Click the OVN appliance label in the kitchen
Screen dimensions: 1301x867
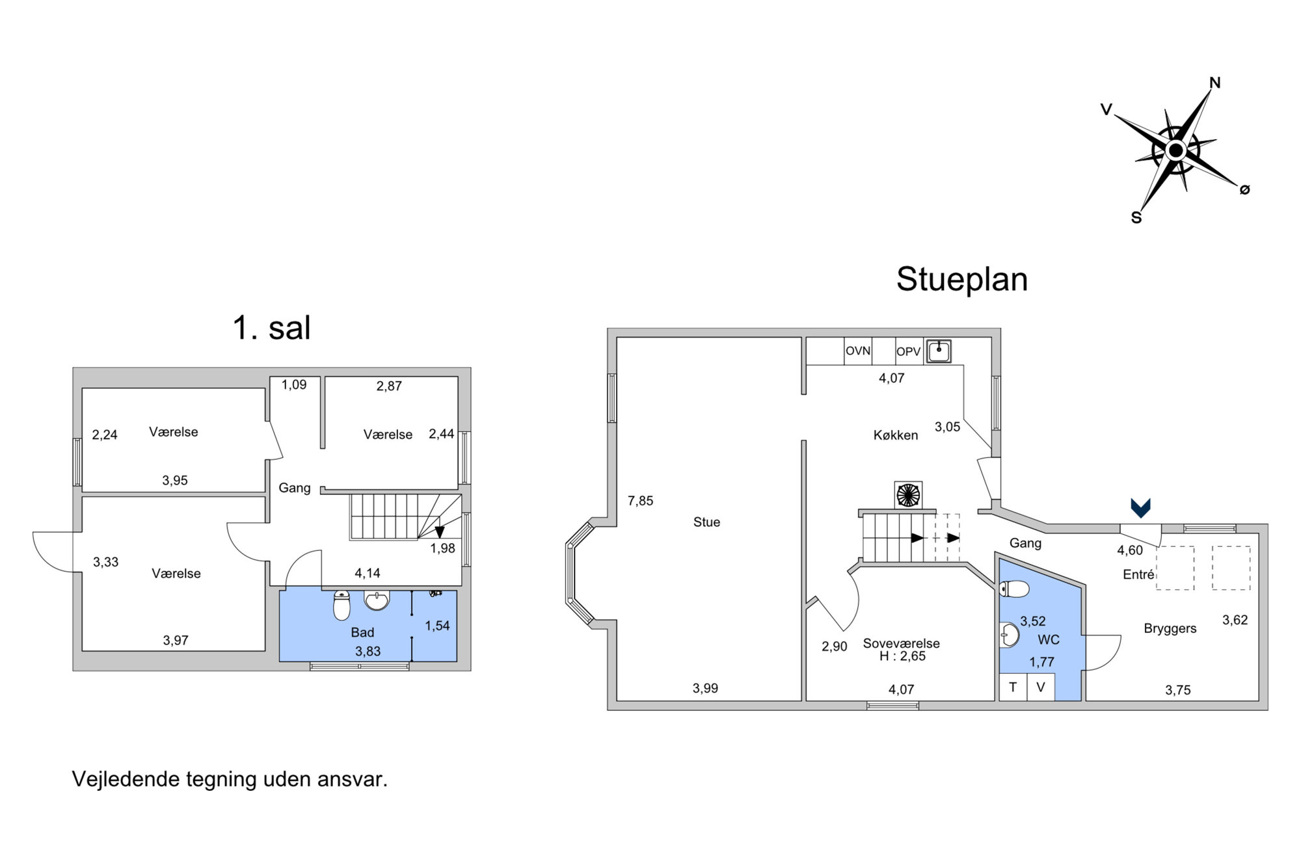click(857, 351)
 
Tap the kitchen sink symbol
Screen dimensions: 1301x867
click(939, 351)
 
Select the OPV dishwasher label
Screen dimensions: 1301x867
click(908, 352)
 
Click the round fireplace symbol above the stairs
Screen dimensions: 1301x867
click(908, 495)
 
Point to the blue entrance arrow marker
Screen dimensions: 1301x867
click(1140, 507)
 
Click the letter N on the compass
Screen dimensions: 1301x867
click(1214, 83)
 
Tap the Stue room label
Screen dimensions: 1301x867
click(706, 522)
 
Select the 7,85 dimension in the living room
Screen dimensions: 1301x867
click(640, 501)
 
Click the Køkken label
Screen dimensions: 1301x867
click(896, 435)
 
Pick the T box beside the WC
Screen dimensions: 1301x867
click(1013, 687)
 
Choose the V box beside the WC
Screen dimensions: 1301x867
click(1041, 687)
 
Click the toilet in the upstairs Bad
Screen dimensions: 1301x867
click(342, 605)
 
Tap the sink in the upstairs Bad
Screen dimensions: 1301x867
click(377, 600)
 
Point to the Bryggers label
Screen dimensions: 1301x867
click(1170, 629)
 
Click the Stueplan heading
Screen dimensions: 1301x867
click(962, 280)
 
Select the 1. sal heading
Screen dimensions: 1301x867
click(272, 328)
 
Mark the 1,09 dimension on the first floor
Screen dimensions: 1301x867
click(294, 385)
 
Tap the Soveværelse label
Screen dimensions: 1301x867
click(902, 643)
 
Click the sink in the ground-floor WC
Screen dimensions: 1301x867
click(1008, 635)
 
